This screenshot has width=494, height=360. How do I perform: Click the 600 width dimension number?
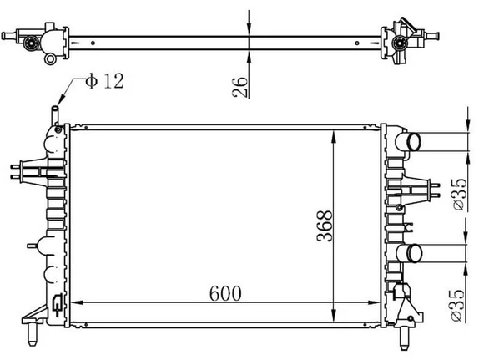pos(225,293)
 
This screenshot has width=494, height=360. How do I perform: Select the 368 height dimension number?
pos(325,226)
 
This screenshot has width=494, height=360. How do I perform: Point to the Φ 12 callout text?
pos(105,81)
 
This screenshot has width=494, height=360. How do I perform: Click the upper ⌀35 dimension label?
pos(459,194)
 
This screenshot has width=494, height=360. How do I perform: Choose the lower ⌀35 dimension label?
pos(456,305)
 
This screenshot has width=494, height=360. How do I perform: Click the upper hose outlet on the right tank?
pos(409,142)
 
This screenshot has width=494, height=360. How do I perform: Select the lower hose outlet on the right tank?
pos(410,253)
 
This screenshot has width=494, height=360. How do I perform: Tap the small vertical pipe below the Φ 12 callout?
pos(55,116)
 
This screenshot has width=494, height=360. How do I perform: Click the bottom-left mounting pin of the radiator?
pos(33,334)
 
